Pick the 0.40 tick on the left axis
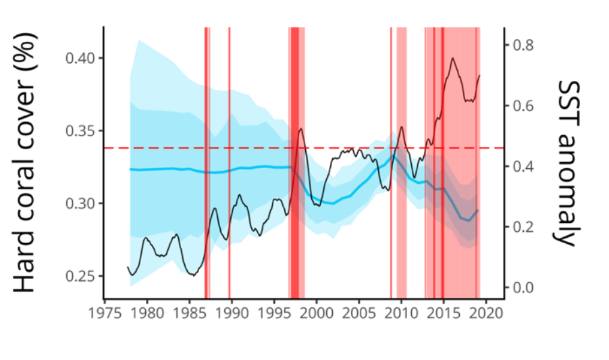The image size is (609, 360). point(80,58)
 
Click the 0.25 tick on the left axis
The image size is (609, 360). point(80,276)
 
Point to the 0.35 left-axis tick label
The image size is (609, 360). point(80,131)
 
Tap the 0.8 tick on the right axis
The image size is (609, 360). point(523,45)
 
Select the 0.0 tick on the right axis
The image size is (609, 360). point(523,288)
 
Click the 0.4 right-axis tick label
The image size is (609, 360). point(523,166)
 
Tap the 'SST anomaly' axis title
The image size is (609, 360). point(568,162)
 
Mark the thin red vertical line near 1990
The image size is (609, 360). point(230,162)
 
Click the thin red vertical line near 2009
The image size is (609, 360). point(391,162)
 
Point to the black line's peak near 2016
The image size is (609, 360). point(452,58)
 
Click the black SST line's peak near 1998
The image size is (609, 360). point(300,128)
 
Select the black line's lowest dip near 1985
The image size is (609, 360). point(194,276)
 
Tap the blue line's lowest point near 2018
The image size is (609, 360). point(469,221)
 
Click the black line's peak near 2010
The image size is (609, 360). point(402,127)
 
